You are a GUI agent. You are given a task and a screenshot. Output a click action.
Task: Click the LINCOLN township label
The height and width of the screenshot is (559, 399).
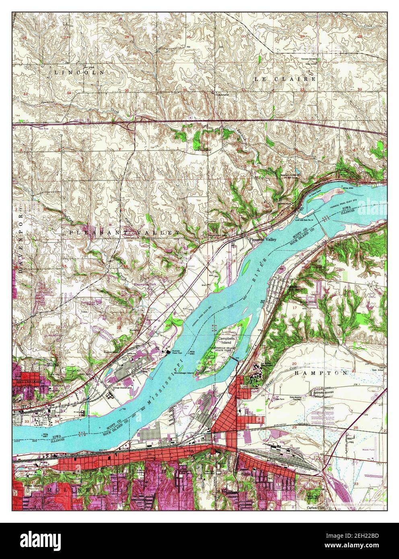79,72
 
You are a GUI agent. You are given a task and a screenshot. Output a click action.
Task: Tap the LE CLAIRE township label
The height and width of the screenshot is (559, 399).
285,79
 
